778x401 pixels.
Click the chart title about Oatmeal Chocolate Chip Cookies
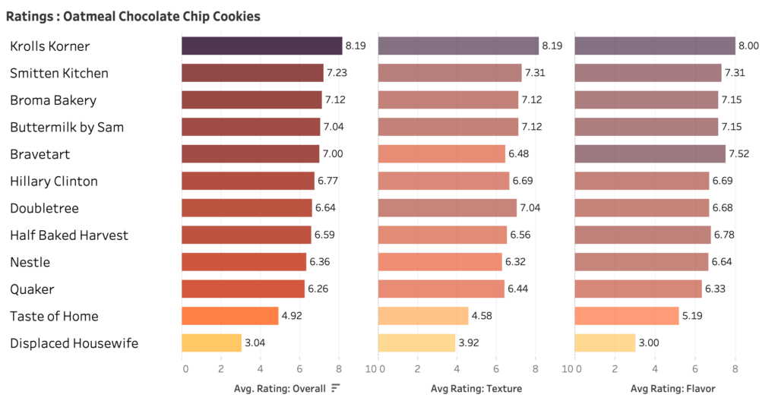tap(133, 15)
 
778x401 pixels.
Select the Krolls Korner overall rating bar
tap(261, 46)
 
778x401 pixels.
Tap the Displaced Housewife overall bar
tap(211, 343)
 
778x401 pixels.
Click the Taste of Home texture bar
tap(423, 316)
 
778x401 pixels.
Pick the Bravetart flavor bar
tap(650, 154)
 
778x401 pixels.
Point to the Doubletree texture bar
tap(447, 208)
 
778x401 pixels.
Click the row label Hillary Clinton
tap(54, 182)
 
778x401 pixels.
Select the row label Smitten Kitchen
tap(59, 74)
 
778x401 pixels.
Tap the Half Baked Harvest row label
tap(69, 235)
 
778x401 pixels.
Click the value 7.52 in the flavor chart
tap(741, 154)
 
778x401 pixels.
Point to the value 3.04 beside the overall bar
tap(255, 343)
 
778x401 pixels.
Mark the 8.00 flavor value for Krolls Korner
tap(750, 46)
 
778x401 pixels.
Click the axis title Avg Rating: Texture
tap(476, 389)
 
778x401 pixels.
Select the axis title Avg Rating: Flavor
tap(672, 389)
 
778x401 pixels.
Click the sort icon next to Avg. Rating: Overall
tap(335, 389)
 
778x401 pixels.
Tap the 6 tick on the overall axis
tap(300, 369)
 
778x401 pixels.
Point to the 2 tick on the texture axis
tap(417, 369)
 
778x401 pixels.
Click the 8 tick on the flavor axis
tap(735, 369)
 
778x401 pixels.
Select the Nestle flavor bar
tap(641, 262)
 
